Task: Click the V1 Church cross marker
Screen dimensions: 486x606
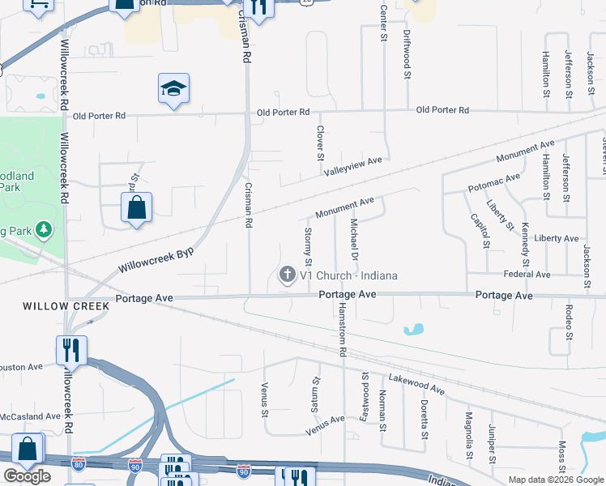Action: point(287,275)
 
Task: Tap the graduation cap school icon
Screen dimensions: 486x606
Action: point(173,88)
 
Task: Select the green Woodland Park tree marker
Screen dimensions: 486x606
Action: point(43,230)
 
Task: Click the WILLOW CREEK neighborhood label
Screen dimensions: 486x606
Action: point(55,306)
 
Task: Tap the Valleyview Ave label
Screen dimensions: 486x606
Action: point(352,166)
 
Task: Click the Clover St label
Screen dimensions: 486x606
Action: point(321,143)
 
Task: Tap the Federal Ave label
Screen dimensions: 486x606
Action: point(527,275)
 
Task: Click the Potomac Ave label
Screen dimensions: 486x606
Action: point(494,182)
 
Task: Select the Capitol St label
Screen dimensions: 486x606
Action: point(480,231)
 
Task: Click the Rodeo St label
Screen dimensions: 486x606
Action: point(570,322)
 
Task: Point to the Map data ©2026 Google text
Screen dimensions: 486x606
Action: point(555,480)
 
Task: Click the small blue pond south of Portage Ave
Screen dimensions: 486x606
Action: point(413,330)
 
